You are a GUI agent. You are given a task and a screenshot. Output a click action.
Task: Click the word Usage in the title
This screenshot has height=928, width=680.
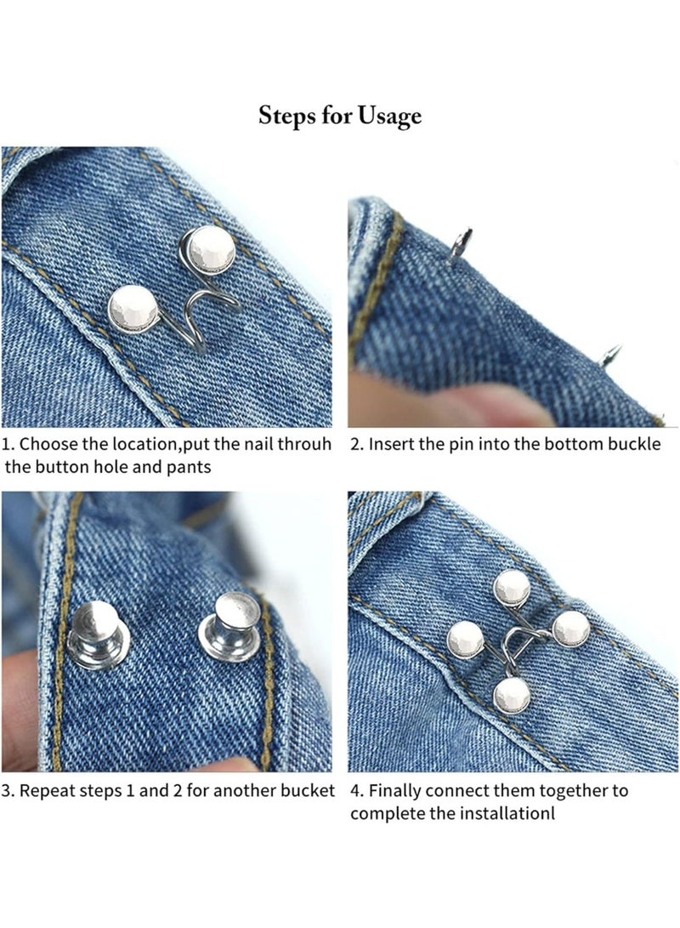pyautogui.click(x=389, y=117)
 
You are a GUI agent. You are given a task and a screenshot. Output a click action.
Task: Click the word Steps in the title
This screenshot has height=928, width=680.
pyautogui.click(x=286, y=115)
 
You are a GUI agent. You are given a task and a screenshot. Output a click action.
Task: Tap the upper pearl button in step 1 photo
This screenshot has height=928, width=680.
pyautogui.click(x=211, y=249)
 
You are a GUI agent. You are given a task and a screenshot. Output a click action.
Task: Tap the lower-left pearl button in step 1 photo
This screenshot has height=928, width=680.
pyautogui.click(x=133, y=308)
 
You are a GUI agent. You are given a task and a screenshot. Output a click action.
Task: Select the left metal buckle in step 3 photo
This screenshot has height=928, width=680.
pyautogui.click(x=99, y=635)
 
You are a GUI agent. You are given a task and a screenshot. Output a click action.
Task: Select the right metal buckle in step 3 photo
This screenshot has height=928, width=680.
pyautogui.click(x=231, y=628)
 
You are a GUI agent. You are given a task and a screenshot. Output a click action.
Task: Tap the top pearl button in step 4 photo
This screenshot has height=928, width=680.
pyautogui.click(x=512, y=587)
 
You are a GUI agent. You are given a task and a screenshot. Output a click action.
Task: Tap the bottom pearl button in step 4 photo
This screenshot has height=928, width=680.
pyautogui.click(x=512, y=695)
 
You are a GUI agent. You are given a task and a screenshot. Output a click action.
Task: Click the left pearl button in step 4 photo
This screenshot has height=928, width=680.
pyautogui.click(x=465, y=639)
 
